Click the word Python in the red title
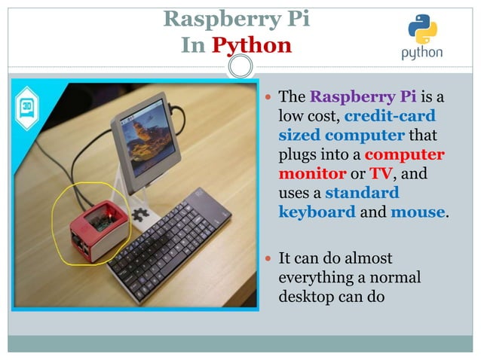pos(251,45)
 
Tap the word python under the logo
pos(421,53)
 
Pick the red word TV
pos(378,173)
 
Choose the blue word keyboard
pos(317,212)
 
